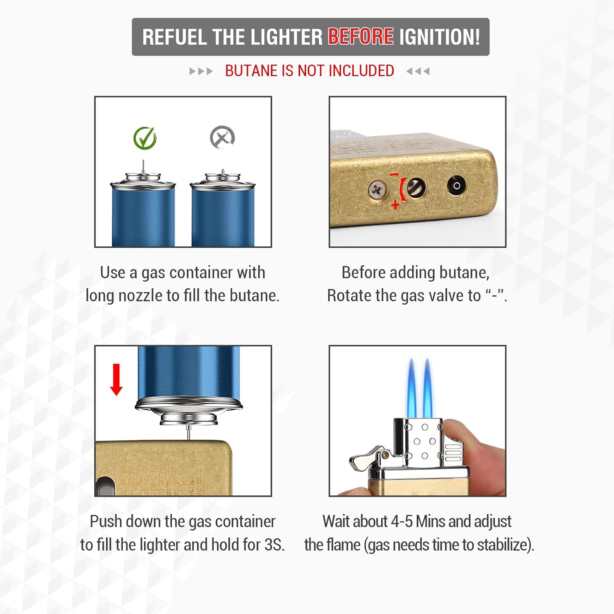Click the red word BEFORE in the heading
[x=361, y=36]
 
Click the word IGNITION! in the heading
[x=439, y=37]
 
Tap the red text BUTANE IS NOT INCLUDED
[x=309, y=71]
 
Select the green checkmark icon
[x=144, y=138]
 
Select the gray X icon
[x=222, y=138]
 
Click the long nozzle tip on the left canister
[x=143, y=166]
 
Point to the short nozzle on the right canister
[x=223, y=172]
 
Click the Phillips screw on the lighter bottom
[x=377, y=190]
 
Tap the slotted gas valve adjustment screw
[x=416, y=188]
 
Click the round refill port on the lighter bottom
[x=456, y=186]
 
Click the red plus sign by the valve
[x=395, y=204]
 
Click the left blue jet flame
[x=412, y=389]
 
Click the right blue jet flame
[x=427, y=389]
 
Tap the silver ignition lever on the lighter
[x=364, y=458]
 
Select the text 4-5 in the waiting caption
[x=402, y=521]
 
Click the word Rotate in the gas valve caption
[x=348, y=296]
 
